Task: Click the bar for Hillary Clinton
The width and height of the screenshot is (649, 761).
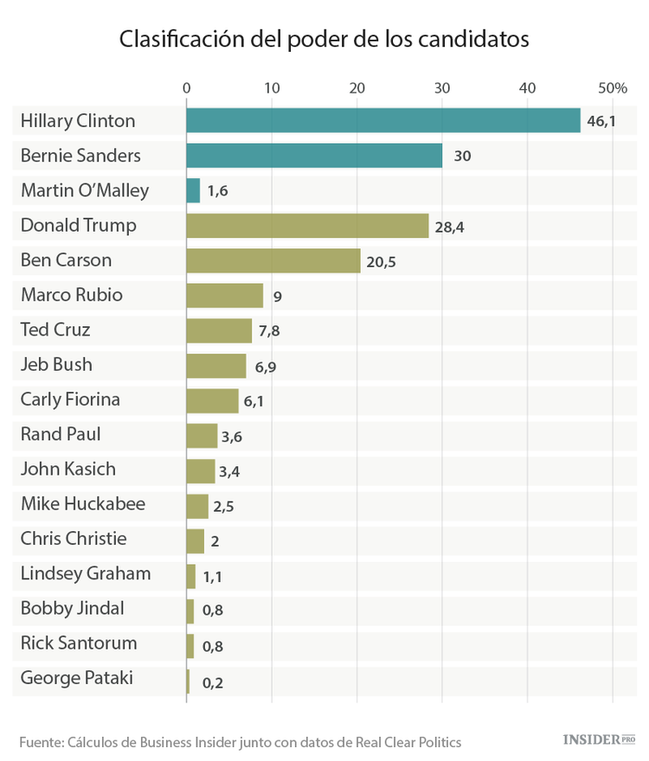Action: (x=383, y=121)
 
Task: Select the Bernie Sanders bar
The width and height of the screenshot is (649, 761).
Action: (x=314, y=156)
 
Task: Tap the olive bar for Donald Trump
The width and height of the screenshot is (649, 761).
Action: (x=307, y=226)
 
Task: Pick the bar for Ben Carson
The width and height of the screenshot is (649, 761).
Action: (x=273, y=260)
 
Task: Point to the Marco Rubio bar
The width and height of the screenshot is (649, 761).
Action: (x=225, y=295)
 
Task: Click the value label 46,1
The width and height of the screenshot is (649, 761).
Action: (x=601, y=121)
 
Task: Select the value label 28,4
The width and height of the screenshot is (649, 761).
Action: (x=450, y=227)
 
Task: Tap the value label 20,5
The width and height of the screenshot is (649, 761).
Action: (x=381, y=261)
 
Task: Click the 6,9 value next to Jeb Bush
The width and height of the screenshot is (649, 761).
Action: (x=266, y=366)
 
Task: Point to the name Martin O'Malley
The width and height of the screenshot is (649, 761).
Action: (x=85, y=190)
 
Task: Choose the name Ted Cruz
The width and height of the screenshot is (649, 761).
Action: (x=55, y=329)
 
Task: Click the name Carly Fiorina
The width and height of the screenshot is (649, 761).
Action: (x=70, y=400)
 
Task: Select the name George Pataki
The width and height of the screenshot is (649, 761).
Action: (x=77, y=678)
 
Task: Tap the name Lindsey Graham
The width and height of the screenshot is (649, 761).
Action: (x=86, y=573)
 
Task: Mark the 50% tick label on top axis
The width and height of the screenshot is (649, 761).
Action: (x=612, y=87)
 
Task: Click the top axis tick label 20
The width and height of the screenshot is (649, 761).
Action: (x=357, y=87)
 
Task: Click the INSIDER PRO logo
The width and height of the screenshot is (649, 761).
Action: (x=599, y=739)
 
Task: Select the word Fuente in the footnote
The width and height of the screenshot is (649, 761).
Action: (x=40, y=742)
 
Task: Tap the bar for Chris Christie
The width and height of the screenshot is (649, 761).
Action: (x=196, y=539)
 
